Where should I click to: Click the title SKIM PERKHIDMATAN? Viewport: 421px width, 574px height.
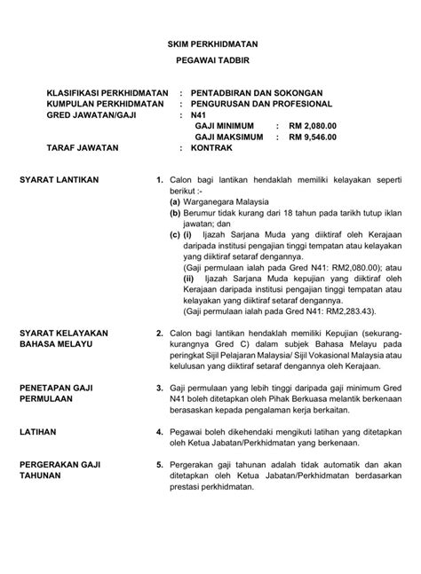tap(210, 43)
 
